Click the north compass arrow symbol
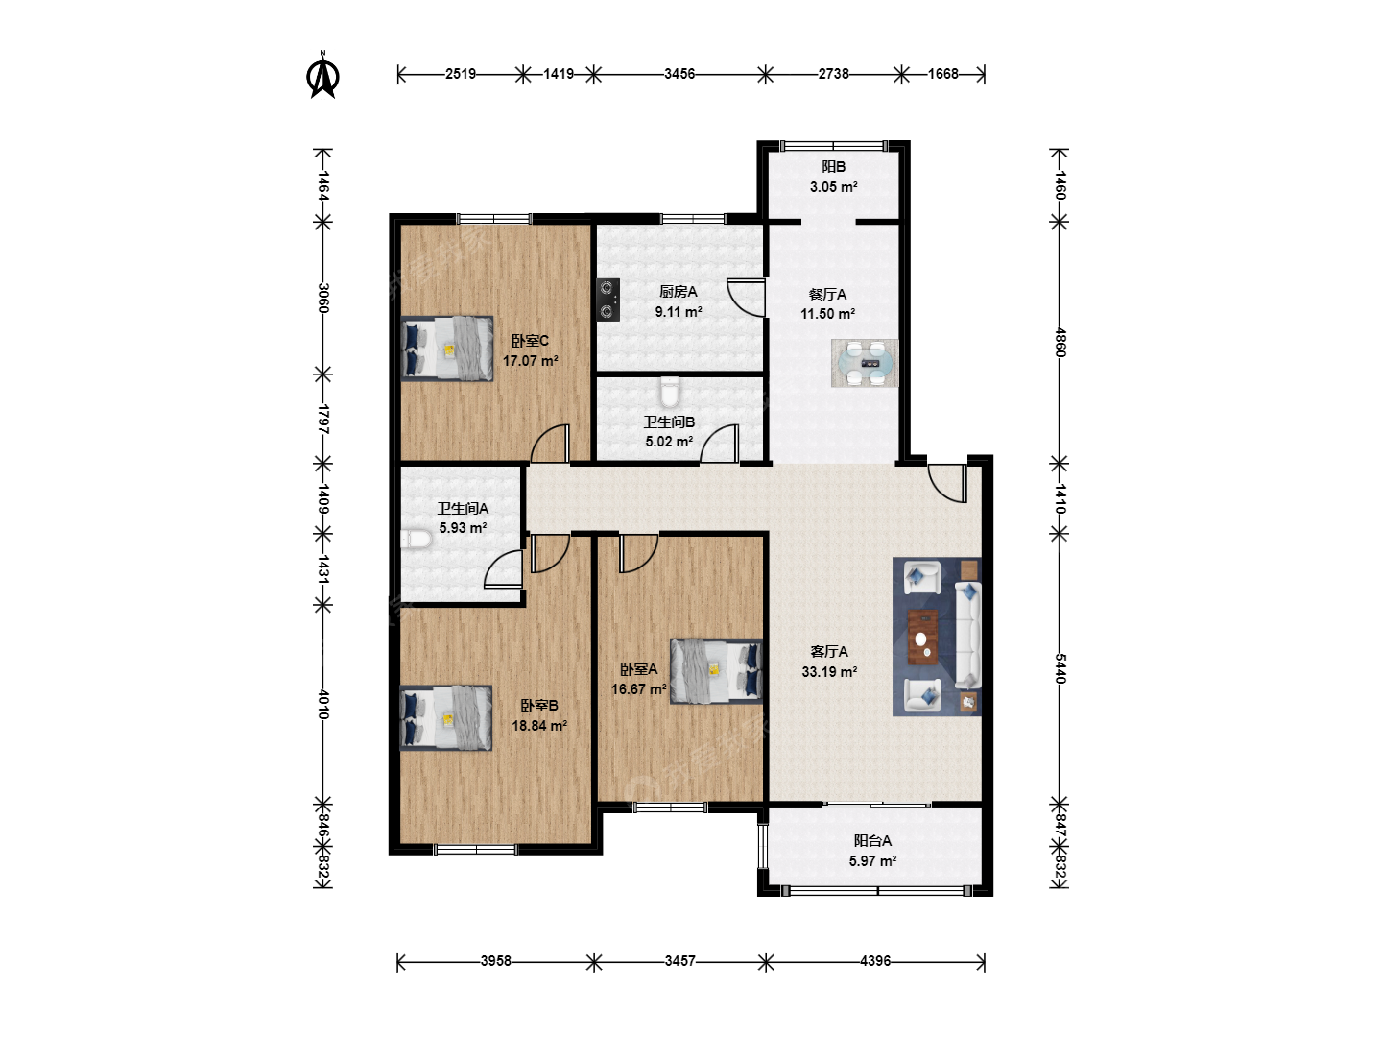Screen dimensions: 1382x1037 click(x=323, y=76)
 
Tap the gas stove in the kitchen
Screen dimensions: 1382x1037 click(x=608, y=300)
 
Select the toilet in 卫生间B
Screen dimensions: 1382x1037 click(x=670, y=392)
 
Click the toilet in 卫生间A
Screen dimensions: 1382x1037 click(x=417, y=539)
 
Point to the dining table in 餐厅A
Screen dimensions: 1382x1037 click(x=865, y=363)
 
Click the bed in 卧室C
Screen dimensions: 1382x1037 click(x=447, y=349)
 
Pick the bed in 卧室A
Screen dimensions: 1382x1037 click(x=716, y=671)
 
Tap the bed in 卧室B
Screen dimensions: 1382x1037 click(x=446, y=718)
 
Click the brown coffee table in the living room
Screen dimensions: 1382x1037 click(x=922, y=637)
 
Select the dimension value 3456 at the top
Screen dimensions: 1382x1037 click(x=679, y=74)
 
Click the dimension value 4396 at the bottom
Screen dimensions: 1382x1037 click(x=875, y=961)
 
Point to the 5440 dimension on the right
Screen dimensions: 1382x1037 click(x=1060, y=668)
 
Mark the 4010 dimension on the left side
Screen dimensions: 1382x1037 click(x=323, y=704)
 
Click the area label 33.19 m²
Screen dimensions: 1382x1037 click(x=829, y=672)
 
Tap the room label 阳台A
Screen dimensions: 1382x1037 click(x=872, y=840)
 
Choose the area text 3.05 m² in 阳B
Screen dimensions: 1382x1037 click(x=834, y=187)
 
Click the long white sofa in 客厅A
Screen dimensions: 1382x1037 click(x=968, y=636)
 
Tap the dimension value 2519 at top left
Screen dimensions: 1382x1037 click(x=461, y=74)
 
